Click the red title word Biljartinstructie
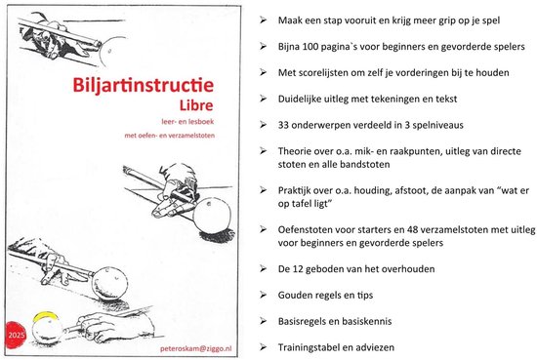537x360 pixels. pyautogui.click(x=144, y=86)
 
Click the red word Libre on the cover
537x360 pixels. pyautogui.click(x=196, y=105)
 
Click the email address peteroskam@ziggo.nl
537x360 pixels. pyautogui.click(x=195, y=348)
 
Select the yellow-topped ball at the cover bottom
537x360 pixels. pyautogui.click(x=47, y=328)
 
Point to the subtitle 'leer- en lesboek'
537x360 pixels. pyautogui.click(x=187, y=122)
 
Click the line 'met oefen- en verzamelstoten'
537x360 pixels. pyautogui.click(x=170, y=136)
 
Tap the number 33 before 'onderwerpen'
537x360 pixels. pyautogui.click(x=283, y=125)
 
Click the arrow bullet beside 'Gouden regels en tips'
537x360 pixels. pyautogui.click(x=263, y=295)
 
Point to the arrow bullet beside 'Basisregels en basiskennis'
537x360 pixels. pyautogui.click(x=263, y=321)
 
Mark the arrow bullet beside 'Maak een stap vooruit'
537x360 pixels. pyautogui.click(x=263, y=20)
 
